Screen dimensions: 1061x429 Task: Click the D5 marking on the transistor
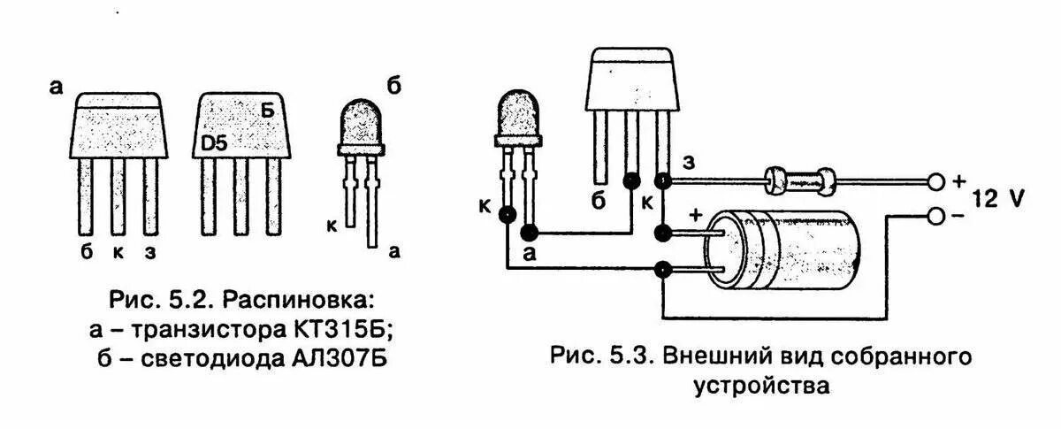tap(211, 142)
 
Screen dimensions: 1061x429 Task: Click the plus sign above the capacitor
tap(695, 214)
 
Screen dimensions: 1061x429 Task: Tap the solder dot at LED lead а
tap(530, 234)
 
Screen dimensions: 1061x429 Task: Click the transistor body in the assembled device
tap(630, 81)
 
